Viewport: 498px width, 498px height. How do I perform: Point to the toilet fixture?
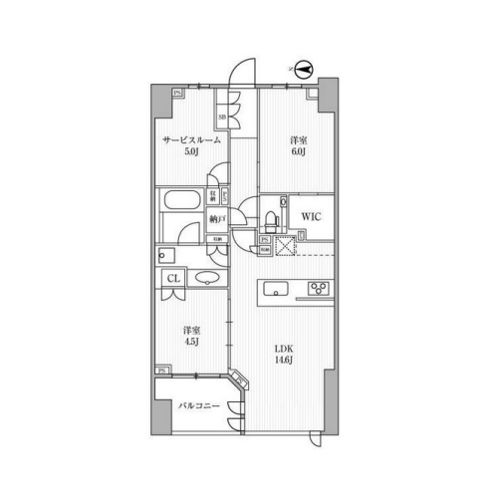[x=268, y=216]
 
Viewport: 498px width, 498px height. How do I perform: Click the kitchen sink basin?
[x=278, y=291]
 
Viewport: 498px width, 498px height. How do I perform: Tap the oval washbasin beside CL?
[x=208, y=279]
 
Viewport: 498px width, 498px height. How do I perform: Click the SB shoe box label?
[x=222, y=119]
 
